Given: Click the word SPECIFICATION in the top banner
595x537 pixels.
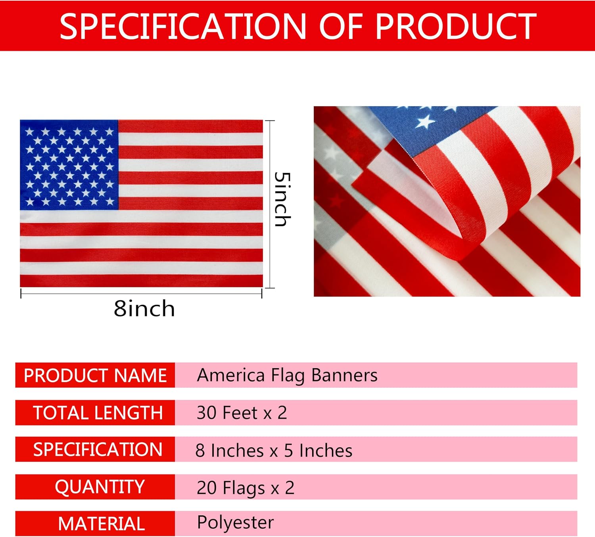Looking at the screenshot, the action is [183, 27].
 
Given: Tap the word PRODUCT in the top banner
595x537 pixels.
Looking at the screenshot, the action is [456, 27].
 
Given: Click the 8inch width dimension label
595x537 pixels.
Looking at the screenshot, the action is [144, 308].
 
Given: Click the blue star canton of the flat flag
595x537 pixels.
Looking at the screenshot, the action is [69, 165].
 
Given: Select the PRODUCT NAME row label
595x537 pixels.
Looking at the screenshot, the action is [95, 375].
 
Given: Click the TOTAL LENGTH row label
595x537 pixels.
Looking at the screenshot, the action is [98, 413].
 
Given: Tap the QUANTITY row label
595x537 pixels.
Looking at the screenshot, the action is [100, 487].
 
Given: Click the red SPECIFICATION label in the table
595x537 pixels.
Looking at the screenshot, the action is [98, 449].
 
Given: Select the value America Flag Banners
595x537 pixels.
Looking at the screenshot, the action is [287, 376].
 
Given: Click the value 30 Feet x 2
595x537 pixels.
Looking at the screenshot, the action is [242, 413].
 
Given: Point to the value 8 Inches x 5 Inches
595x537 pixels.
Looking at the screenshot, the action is [274, 451].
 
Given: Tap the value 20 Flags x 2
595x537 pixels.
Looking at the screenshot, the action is [246, 488].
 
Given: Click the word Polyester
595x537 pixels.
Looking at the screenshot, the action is [235, 523].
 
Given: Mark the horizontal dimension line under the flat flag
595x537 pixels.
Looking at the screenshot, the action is [141, 294].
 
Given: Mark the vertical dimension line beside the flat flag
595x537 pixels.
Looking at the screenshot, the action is [270, 204].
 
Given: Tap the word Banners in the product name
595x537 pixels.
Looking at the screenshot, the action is [344, 375].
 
